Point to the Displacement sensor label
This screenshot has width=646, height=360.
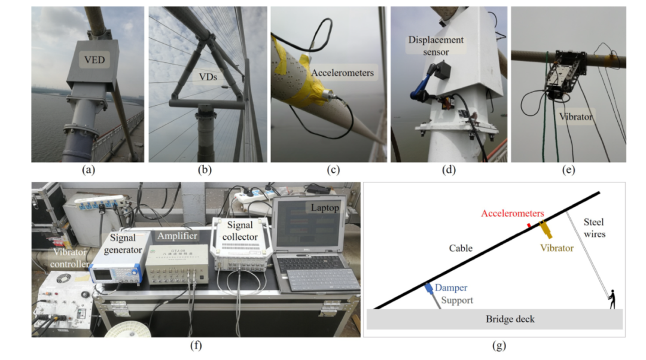[x=428, y=45]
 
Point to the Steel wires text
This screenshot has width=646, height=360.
[x=598, y=228]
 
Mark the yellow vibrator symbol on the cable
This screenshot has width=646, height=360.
[x=546, y=230]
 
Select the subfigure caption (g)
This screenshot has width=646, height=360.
[x=495, y=345]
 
